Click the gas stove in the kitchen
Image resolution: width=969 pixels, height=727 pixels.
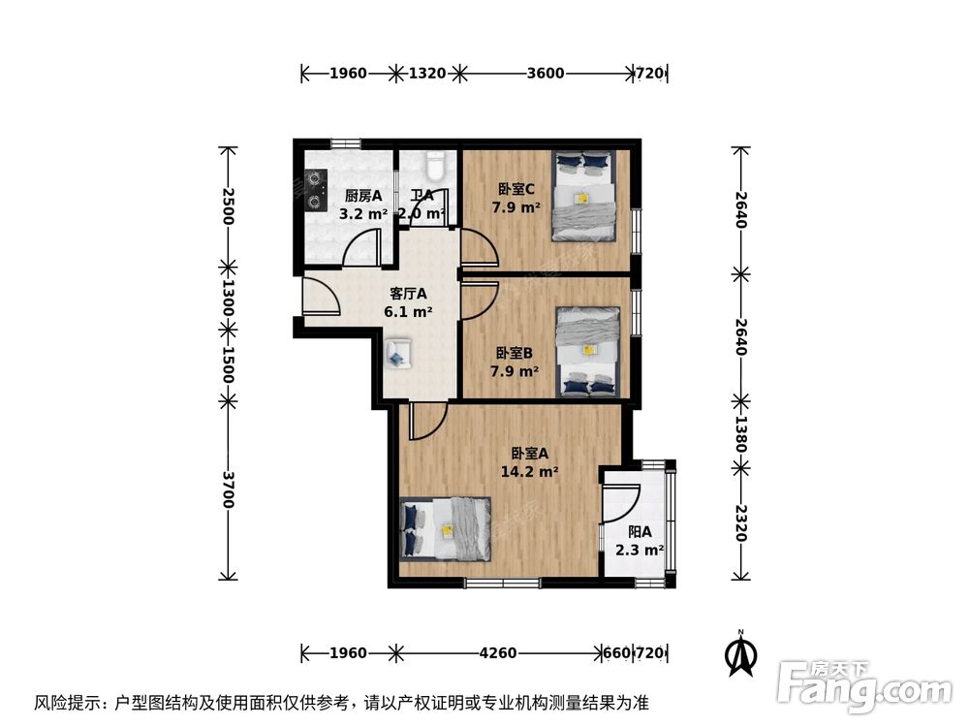coord(315,189)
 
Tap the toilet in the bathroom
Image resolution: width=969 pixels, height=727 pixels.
coord(435,166)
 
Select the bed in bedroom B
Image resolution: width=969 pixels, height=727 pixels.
coord(587,351)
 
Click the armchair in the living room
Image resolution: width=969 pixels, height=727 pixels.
coord(398,353)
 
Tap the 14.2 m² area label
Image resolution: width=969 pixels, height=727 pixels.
coord(529,472)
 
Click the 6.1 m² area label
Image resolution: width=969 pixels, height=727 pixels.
coord(408,312)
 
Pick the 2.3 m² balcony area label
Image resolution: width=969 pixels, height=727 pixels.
coord(640,551)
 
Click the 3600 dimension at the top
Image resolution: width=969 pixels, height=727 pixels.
coord(545,73)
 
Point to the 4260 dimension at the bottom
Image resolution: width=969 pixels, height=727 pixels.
coord(498,653)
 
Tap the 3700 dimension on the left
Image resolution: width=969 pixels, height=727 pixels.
coord(228,490)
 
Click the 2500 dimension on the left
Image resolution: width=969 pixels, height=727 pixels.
coord(228,206)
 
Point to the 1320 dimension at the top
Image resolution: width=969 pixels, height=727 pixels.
coord(426,73)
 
